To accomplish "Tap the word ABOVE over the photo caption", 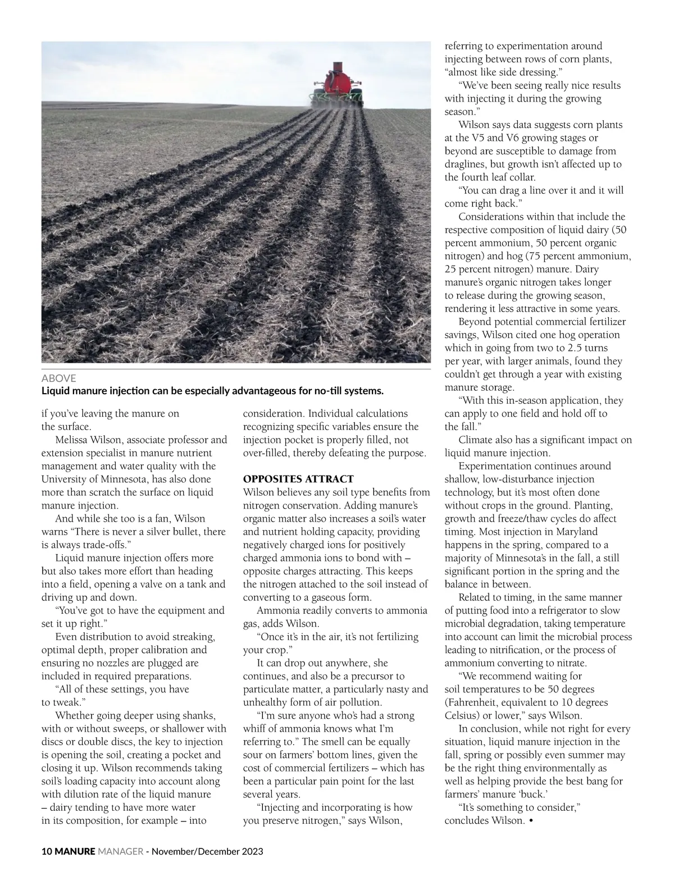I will click(x=59, y=378).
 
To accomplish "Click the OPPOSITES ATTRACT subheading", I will click(x=298, y=479).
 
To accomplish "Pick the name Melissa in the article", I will click(x=74, y=440).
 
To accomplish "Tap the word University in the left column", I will click(x=64, y=479).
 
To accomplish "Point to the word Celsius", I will click(x=462, y=715).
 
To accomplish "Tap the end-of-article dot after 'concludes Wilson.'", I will click(x=531, y=821).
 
